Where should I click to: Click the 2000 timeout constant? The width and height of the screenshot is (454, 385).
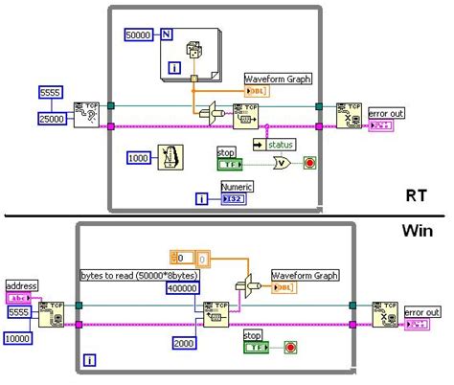(x=185, y=342)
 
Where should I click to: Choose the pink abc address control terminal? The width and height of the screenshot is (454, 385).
(x=19, y=297)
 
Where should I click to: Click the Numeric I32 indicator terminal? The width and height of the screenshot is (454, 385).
(x=234, y=198)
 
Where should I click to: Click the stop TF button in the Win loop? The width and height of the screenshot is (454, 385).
(x=254, y=348)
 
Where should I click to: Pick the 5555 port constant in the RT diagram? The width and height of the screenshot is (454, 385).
(x=51, y=92)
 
